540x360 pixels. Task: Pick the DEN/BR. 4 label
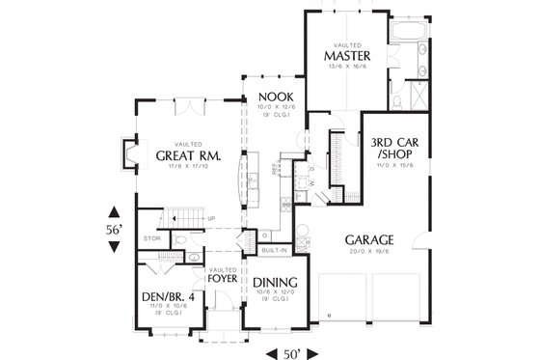pyautogui.click(x=162, y=296)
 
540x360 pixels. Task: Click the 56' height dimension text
pyautogui.click(x=115, y=231)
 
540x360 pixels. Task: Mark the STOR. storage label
pyautogui.click(x=150, y=236)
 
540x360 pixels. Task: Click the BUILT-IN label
pyautogui.click(x=274, y=249)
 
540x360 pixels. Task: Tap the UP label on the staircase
pyautogui.click(x=211, y=219)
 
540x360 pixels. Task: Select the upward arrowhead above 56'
pyautogui.click(x=115, y=212)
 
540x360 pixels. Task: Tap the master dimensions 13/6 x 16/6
pyautogui.click(x=348, y=68)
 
